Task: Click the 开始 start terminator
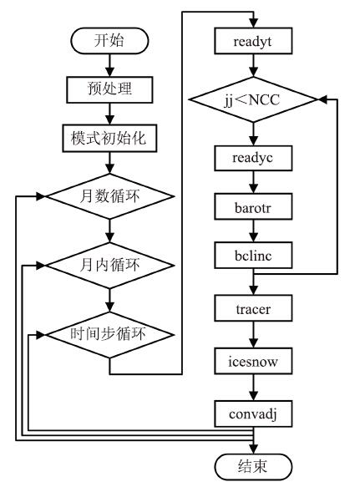(109, 41)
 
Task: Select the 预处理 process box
(109, 89)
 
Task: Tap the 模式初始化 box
(109, 138)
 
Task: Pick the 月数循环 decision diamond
(109, 196)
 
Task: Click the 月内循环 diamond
(109, 266)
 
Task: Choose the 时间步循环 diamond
(109, 335)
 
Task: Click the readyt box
(253, 41)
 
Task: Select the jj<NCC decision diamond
(253, 99)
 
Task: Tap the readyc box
(253, 158)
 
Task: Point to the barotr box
(253, 206)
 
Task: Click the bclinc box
(253, 256)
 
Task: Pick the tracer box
(253, 308)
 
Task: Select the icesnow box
(253, 361)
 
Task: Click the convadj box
(253, 413)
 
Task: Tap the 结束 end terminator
(253, 467)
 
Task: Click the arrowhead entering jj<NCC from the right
(323, 99)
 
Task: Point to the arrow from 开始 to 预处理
(109, 65)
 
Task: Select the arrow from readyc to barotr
(253, 182)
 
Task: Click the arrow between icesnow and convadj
(253, 388)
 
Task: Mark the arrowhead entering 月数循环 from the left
(41, 196)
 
